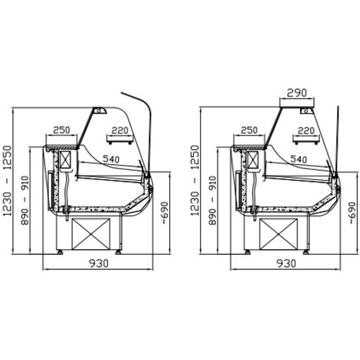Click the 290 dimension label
(297, 93)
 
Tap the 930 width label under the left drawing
(99, 264)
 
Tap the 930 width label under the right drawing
(287, 264)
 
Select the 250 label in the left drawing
(61, 130)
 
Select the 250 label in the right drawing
(249, 130)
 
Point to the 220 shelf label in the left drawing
(120, 130)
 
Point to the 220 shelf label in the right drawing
(306, 130)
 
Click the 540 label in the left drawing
(111, 159)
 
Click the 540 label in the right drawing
(299, 159)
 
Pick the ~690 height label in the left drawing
(165, 213)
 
